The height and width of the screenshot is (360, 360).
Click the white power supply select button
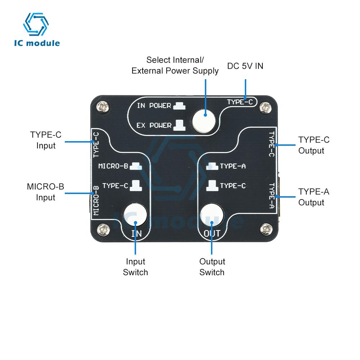pyautogui.click(x=204, y=121)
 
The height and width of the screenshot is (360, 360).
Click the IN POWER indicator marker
pyautogui.click(x=179, y=106)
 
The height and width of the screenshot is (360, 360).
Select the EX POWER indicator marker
pyautogui.click(x=179, y=125)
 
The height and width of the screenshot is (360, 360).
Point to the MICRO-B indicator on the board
pyautogui.click(x=136, y=166)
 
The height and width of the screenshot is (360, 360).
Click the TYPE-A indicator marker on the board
pyautogui.click(x=212, y=166)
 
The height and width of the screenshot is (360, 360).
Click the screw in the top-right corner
pyautogui.click(x=266, y=107)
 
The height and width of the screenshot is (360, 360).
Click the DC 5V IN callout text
pyautogui.click(x=245, y=66)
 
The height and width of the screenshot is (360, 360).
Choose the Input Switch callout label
pyautogui.click(x=135, y=267)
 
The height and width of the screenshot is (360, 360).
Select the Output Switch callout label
pyautogui.click(x=212, y=267)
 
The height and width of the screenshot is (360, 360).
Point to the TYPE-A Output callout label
pyautogui.click(x=314, y=197)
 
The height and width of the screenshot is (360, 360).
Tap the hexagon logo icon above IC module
pyautogui.click(x=36, y=24)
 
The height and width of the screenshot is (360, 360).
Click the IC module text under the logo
pyautogui.click(x=37, y=43)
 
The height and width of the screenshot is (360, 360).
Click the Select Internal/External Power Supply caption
pyautogui.click(x=175, y=65)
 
